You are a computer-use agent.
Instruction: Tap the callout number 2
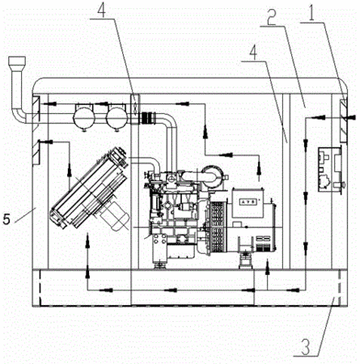click(272, 16)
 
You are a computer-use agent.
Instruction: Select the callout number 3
click(306, 345)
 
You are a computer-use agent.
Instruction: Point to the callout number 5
click(6, 219)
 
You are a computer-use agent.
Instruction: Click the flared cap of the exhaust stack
click(17, 61)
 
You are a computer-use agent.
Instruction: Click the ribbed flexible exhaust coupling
click(147, 118)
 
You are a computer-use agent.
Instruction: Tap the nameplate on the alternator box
click(248, 201)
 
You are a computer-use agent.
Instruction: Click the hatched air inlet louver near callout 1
click(343, 121)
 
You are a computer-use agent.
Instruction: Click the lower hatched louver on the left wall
click(36, 152)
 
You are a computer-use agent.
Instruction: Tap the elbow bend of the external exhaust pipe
click(19, 115)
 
